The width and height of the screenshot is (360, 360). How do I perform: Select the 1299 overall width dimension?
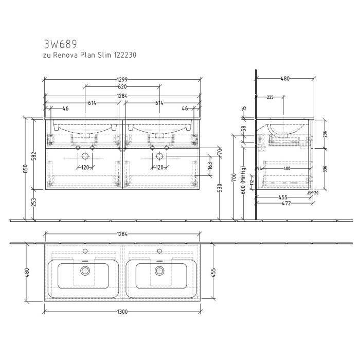(x=122, y=80)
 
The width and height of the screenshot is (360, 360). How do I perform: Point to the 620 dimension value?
(x=122, y=87)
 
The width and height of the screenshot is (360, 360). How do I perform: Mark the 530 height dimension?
(x=221, y=187)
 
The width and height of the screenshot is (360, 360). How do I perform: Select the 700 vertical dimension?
(x=234, y=178)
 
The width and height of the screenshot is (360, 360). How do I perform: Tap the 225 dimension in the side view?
(x=270, y=97)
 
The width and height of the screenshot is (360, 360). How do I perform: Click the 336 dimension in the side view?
(x=325, y=169)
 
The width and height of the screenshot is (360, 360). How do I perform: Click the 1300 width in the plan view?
(x=122, y=312)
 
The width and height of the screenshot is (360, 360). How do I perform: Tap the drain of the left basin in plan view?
(x=85, y=271)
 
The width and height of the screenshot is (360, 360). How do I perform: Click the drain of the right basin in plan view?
(x=159, y=271)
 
